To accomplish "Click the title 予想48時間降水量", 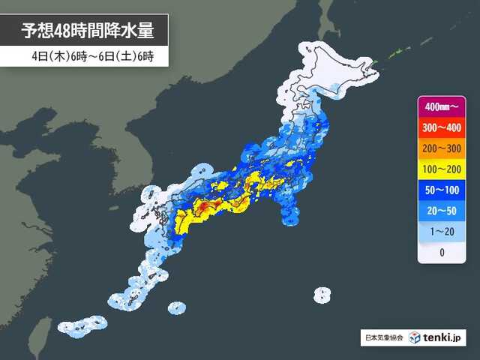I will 88,31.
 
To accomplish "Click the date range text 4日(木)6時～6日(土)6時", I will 88,56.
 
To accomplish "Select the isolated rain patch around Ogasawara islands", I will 322,294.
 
